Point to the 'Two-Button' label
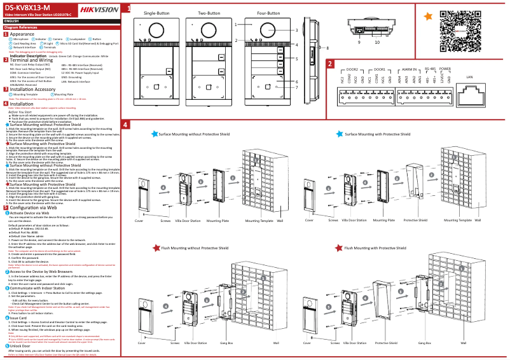click(209, 13)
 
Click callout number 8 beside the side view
click(327, 48)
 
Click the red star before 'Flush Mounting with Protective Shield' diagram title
click(340, 248)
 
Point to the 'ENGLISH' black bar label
click(11, 22)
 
